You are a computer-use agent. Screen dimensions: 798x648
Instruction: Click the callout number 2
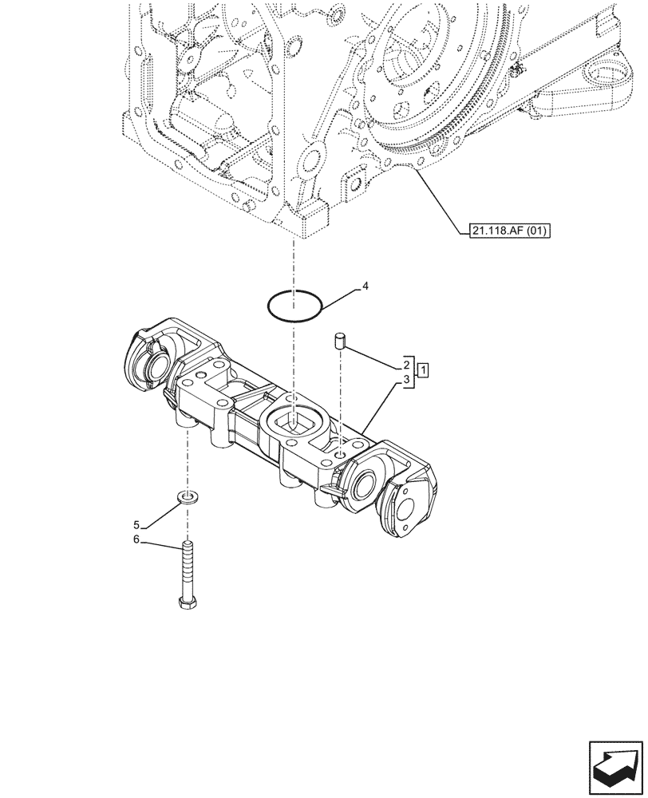pos(407,364)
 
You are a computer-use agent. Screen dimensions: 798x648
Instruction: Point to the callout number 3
pos(407,381)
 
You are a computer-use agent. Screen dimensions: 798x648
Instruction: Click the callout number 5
pos(136,525)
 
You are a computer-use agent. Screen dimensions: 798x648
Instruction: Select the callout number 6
pos(136,540)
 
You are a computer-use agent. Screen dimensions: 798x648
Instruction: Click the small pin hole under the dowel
pos(341,454)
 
